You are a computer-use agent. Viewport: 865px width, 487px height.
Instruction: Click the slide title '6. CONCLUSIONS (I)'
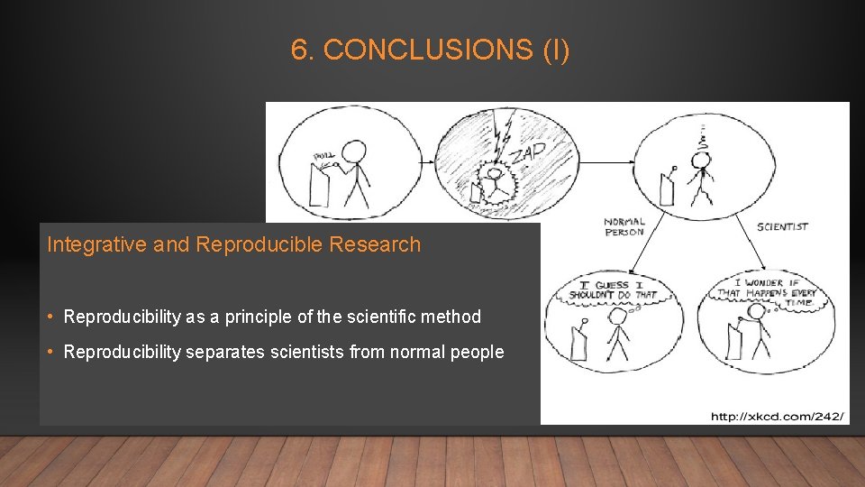coord(430,51)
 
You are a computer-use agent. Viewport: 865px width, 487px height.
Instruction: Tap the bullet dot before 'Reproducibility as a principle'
coord(54,317)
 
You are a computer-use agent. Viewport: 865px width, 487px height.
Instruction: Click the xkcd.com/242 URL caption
coord(778,416)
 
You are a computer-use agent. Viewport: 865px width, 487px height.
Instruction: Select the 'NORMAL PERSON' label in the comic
coord(624,227)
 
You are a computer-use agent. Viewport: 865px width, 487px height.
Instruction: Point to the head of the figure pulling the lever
coord(356,151)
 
